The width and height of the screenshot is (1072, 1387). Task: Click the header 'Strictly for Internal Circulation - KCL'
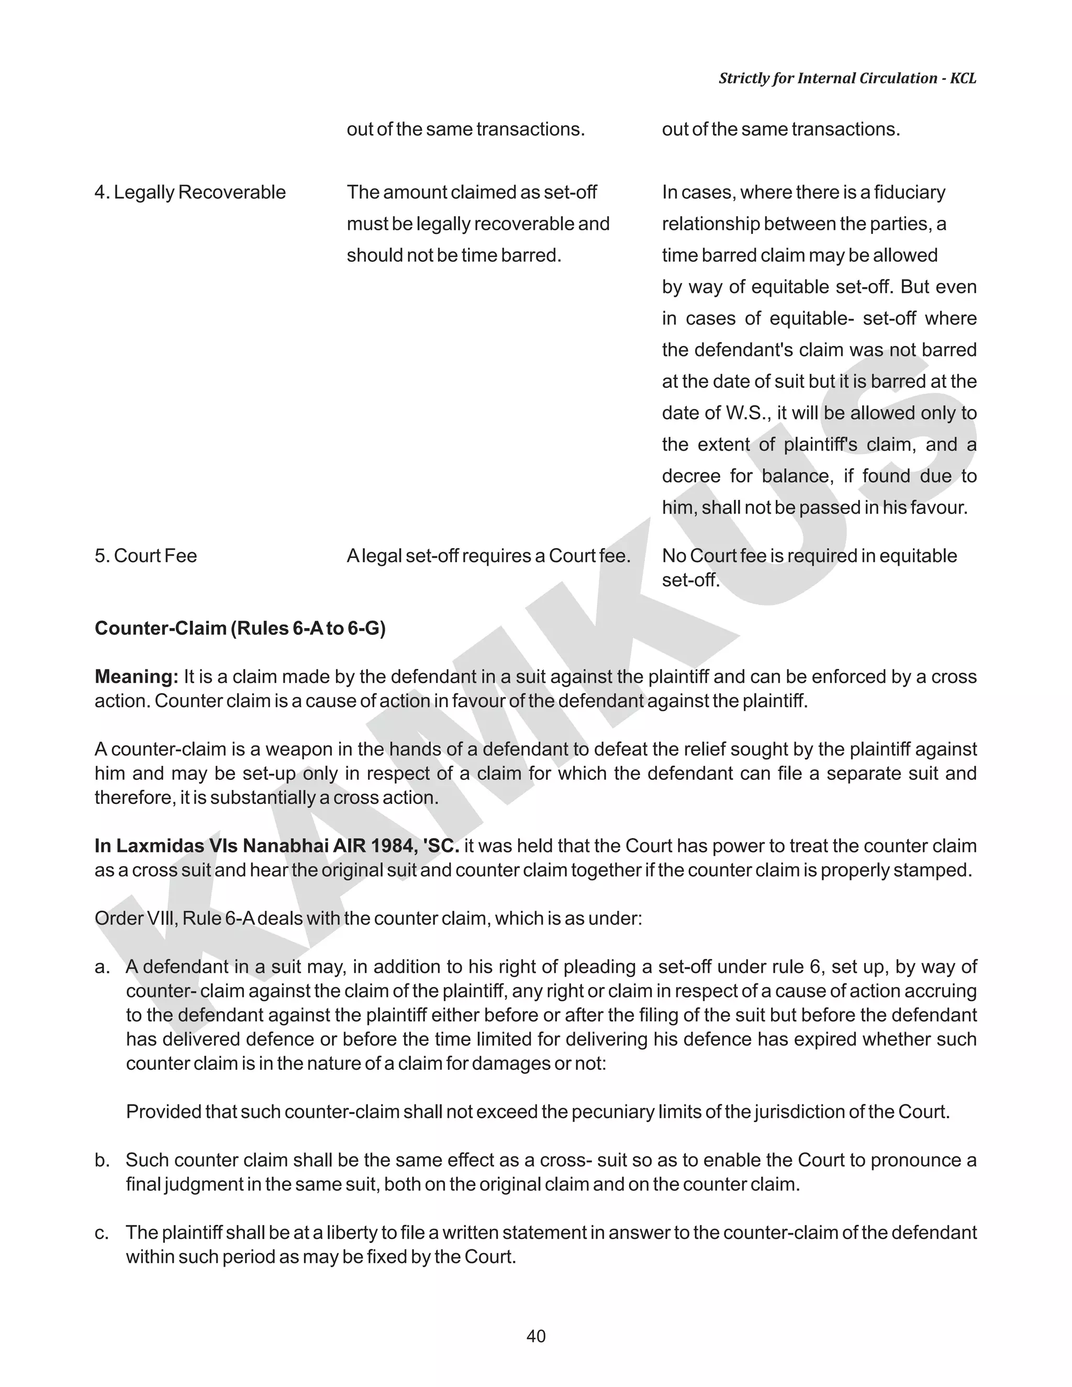(x=847, y=78)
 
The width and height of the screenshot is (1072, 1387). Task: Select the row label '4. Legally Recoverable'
(x=191, y=193)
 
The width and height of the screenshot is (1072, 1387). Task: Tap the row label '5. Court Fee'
(x=146, y=556)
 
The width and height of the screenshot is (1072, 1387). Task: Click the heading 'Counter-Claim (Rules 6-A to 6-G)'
(x=240, y=628)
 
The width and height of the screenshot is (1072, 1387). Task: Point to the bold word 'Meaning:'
(x=137, y=676)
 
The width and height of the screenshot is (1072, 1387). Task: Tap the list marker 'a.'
(x=102, y=967)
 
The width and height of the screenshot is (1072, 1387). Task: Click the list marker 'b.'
(x=102, y=1160)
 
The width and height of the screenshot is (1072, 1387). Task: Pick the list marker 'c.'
(x=102, y=1233)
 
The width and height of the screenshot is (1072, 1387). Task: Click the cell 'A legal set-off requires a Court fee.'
(x=488, y=556)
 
